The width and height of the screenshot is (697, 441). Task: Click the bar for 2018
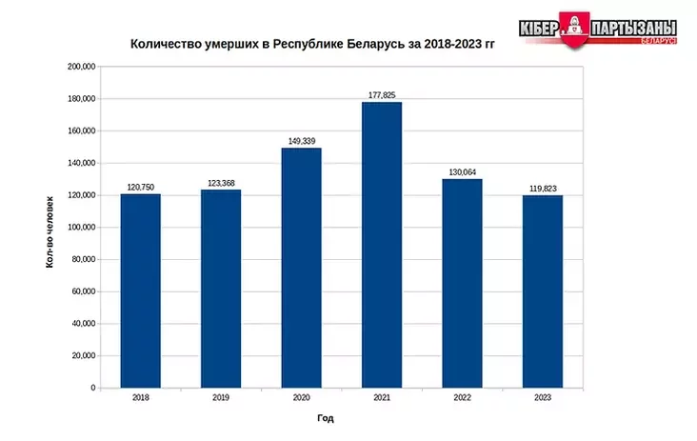point(141,291)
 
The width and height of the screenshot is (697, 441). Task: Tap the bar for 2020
point(301,268)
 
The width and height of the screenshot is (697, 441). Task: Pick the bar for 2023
point(543,291)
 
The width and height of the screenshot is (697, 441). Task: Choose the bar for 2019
point(221,289)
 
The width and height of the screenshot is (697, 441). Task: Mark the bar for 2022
point(462,283)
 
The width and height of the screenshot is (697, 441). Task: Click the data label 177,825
point(382,94)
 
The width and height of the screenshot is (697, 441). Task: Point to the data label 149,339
point(301,141)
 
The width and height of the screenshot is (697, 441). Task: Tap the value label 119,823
point(543,188)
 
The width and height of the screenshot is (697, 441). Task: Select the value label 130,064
point(462,171)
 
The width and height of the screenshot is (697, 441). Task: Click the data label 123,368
point(221,183)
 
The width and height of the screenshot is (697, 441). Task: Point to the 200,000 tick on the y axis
point(81,68)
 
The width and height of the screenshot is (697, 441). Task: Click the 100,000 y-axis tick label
point(81,228)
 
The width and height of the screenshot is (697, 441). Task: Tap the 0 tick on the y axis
point(93,389)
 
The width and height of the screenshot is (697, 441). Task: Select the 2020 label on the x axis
point(301,397)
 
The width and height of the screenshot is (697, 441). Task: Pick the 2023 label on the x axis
point(543,397)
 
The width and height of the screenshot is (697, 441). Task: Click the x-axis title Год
point(326,418)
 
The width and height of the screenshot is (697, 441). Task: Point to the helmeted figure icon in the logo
point(575,29)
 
